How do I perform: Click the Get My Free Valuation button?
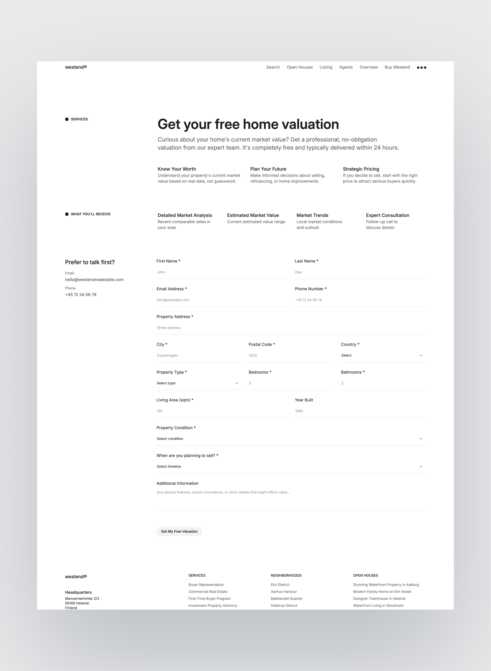coord(179,531)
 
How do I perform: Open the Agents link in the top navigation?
coord(346,67)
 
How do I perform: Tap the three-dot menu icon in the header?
coord(421,68)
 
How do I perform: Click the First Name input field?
coord(222,272)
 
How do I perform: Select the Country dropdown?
coord(383,355)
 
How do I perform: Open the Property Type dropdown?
coord(198,383)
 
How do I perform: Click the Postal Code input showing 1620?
coord(291,355)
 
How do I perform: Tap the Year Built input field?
coord(360,411)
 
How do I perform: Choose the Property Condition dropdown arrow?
coord(421,439)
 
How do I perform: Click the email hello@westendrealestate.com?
coord(94,280)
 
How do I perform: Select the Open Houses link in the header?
coord(300,67)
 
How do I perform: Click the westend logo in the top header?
coord(76,67)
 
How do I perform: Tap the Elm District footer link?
coord(280,585)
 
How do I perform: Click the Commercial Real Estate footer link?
coord(208,591)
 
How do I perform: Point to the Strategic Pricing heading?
coord(361,169)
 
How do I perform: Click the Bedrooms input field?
coord(291,383)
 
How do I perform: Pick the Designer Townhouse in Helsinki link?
coord(379,598)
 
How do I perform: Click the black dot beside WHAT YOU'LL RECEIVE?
coord(67,214)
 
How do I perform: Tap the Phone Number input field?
coord(360,300)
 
